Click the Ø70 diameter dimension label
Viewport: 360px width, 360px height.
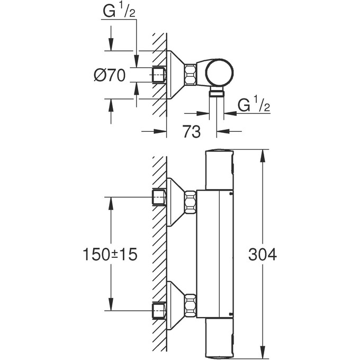109,75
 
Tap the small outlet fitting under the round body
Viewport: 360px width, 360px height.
216,93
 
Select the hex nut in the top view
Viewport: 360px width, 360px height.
191,74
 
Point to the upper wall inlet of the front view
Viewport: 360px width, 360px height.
159,197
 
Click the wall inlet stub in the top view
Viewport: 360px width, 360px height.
159,75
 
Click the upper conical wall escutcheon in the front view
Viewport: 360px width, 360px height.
175,202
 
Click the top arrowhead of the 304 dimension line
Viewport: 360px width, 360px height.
263,154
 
